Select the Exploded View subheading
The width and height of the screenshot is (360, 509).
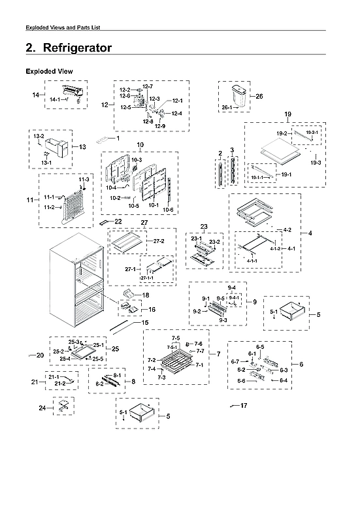tap(49, 71)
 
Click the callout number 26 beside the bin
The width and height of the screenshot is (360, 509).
tap(259, 96)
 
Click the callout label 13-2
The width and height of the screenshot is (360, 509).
tap(39, 137)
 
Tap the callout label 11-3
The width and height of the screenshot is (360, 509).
tap(84, 179)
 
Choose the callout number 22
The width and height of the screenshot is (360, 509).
tap(118, 222)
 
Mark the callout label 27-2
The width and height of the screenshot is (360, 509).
tap(158, 241)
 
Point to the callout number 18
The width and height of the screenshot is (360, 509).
tap(146, 295)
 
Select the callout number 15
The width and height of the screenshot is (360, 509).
tap(144, 323)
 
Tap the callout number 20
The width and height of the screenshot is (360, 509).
tap(40, 355)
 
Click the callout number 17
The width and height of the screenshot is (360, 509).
tap(244, 406)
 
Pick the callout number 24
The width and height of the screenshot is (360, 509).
tap(42, 408)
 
